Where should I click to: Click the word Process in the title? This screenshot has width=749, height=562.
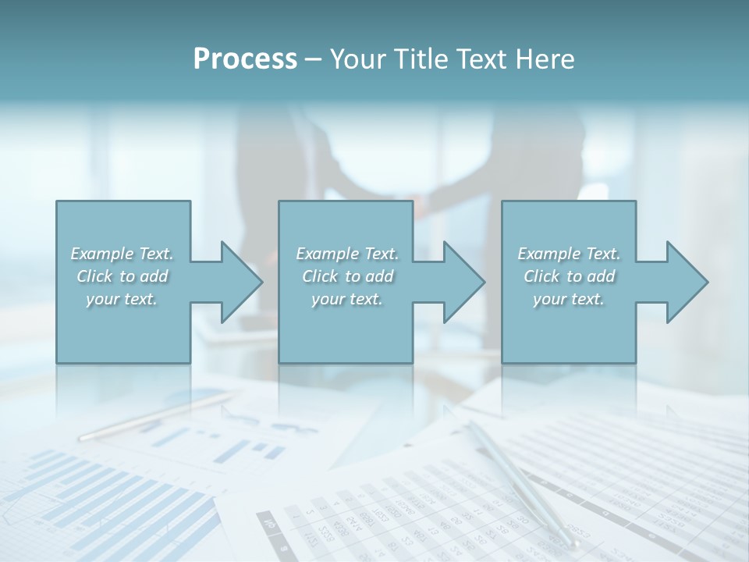(245, 59)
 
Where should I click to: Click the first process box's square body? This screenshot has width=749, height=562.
(123, 328)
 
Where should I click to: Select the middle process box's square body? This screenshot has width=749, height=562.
(346, 328)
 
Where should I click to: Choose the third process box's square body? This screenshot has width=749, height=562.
(568, 328)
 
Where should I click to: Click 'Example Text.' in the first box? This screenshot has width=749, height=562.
(122, 254)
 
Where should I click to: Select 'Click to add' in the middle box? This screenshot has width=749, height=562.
(347, 276)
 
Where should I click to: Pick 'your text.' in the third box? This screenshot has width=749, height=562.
(569, 299)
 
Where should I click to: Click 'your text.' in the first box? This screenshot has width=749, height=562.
(122, 299)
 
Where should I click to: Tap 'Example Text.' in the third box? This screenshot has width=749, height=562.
(569, 254)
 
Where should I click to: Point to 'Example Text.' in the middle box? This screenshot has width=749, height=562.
(347, 254)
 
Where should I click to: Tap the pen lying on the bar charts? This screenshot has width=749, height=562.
(156, 416)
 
